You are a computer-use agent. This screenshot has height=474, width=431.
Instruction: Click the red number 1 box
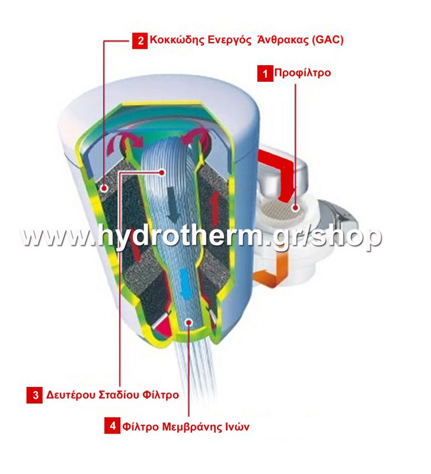pos(265,73)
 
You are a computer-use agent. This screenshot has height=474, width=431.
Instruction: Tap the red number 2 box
pos(140,40)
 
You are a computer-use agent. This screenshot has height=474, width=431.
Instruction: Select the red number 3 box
pos(34,395)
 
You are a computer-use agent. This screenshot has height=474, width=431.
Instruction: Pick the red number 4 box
pos(112,426)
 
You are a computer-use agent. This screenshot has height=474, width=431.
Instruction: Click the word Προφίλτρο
pos(302,73)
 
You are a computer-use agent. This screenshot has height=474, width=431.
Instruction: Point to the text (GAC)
pos(328,40)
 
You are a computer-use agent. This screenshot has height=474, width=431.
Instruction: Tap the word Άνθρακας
pos(283,40)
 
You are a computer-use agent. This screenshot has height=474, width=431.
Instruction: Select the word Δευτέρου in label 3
pos(71,395)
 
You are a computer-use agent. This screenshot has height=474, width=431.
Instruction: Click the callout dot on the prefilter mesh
pos(295,208)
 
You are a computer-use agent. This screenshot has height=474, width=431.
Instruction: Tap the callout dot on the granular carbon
pos(104,188)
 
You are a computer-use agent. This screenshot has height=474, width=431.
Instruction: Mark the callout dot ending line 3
pos(162,172)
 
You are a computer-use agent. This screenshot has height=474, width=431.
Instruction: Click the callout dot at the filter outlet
pos(189,322)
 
